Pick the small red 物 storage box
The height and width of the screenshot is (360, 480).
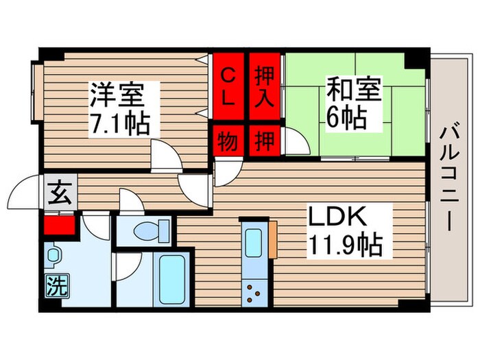(x=228, y=143)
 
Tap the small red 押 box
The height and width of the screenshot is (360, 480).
(x=265, y=143)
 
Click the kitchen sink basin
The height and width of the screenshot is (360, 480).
(x=254, y=242)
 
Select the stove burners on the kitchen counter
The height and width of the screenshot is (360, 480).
(x=254, y=291)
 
